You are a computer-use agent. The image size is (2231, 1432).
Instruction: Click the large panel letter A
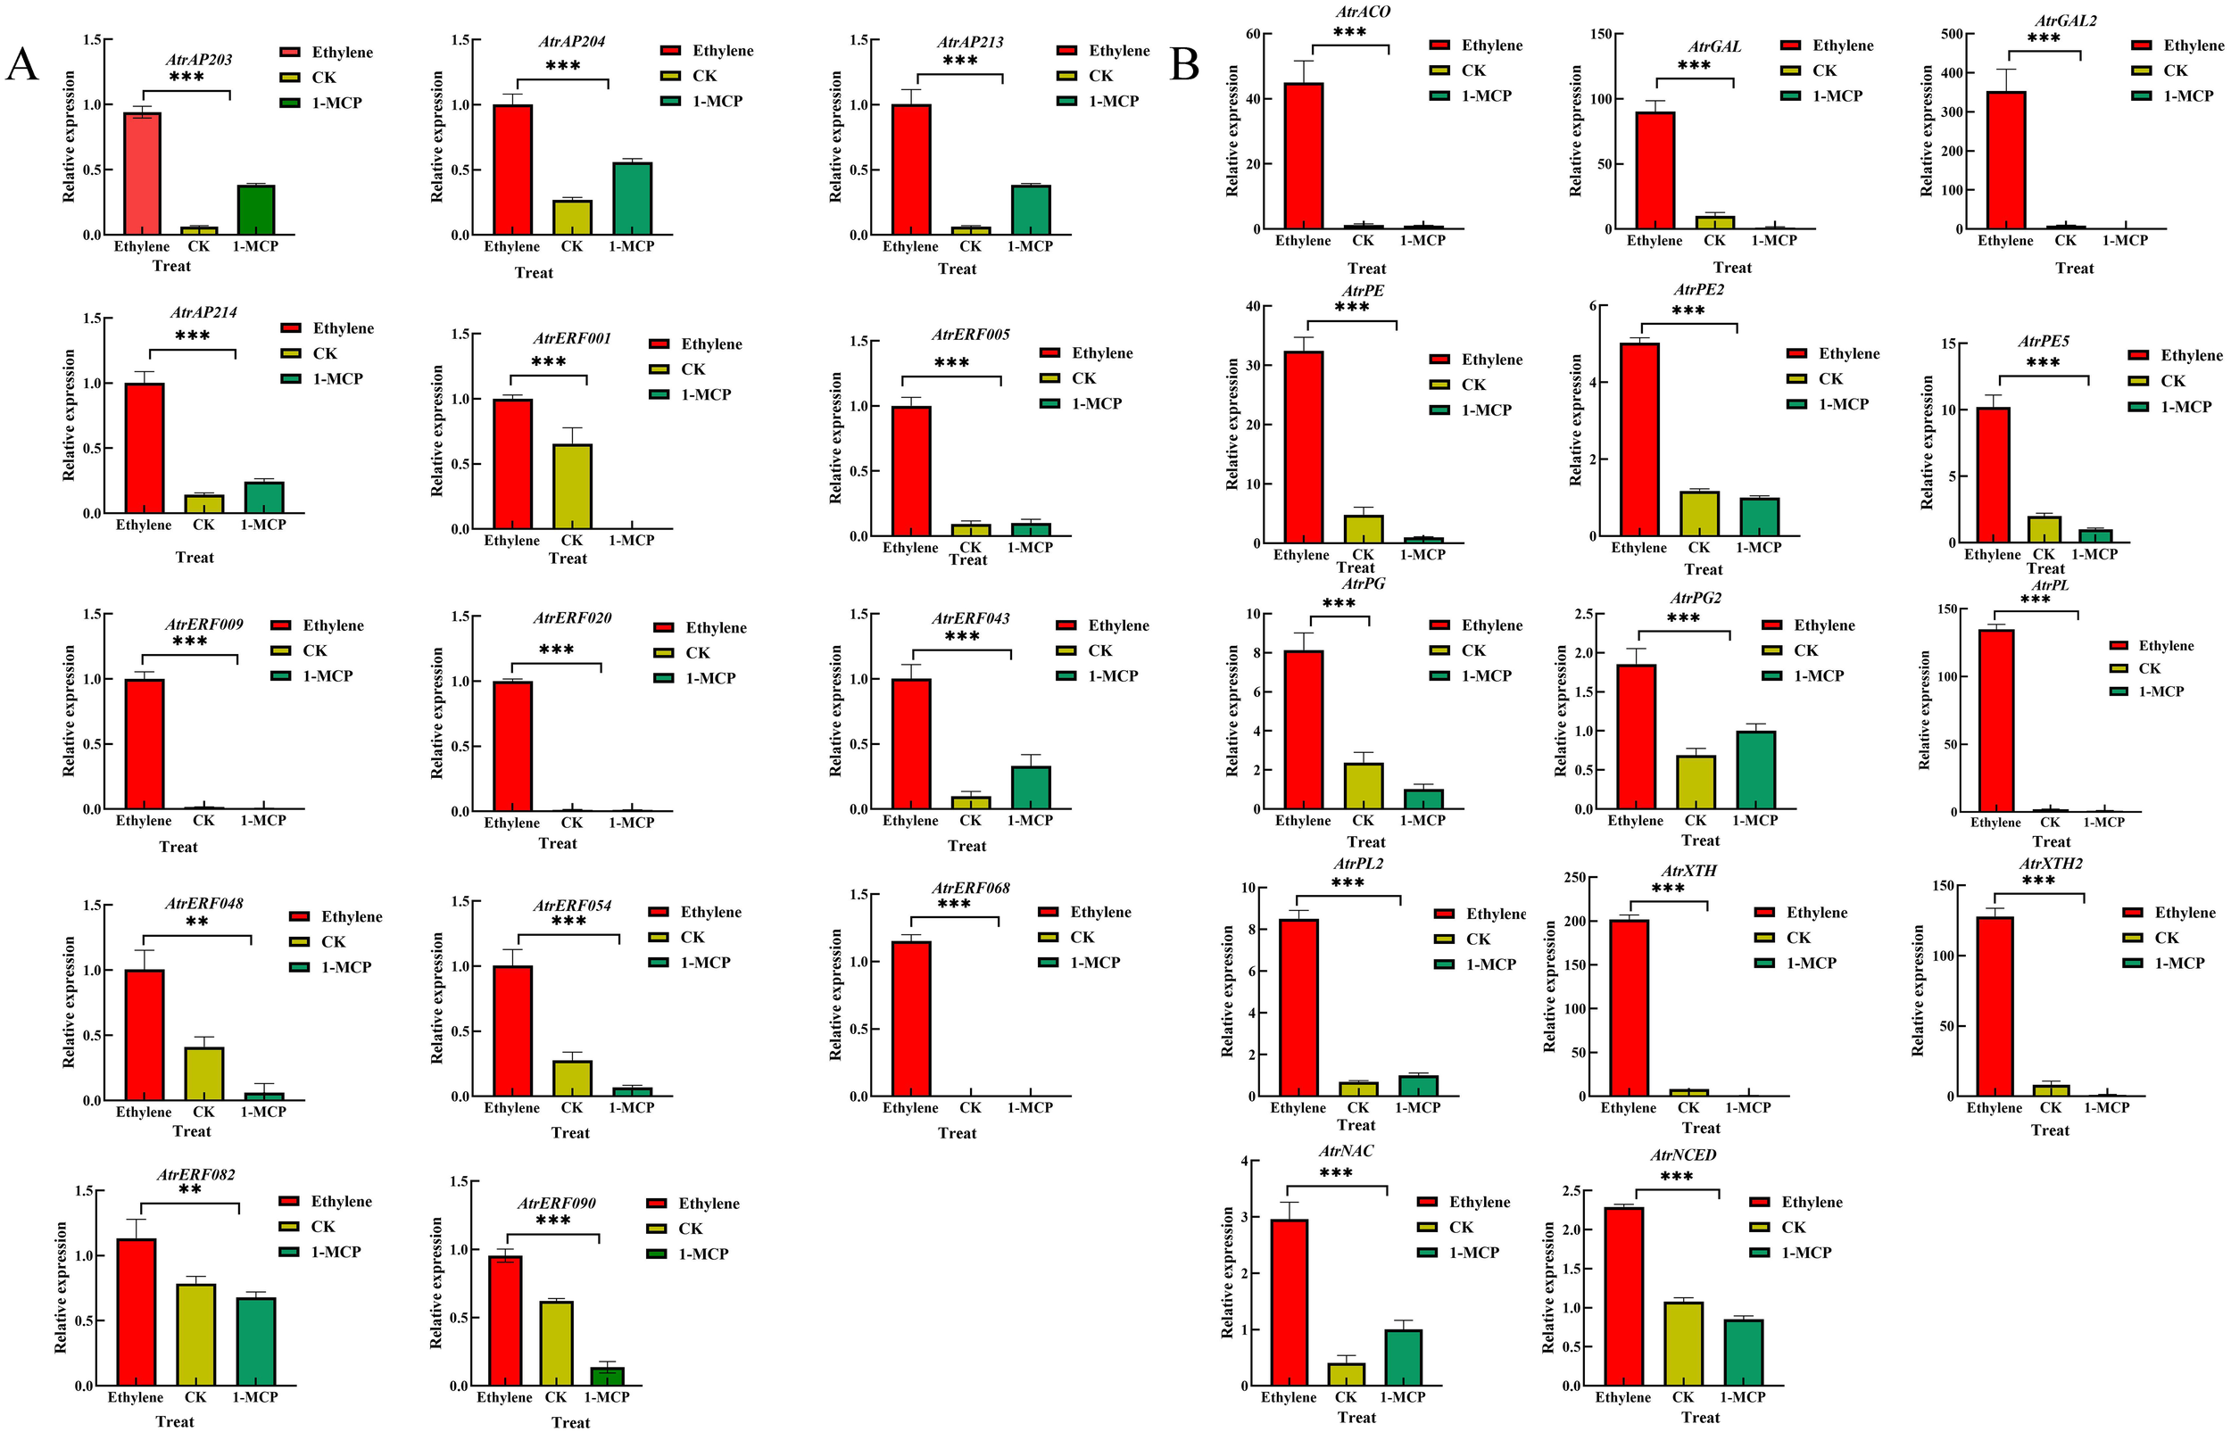21,65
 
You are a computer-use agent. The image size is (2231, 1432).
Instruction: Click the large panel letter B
1184,65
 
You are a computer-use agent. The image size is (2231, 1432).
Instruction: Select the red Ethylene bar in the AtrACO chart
1304,155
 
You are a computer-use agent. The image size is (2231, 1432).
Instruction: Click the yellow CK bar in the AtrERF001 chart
572,486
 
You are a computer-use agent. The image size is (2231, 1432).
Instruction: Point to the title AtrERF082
195,1174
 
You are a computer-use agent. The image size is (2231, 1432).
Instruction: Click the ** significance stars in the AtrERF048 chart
196,922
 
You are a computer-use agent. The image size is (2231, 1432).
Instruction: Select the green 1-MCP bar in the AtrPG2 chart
1754,770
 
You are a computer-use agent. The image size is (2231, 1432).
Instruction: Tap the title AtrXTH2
2051,864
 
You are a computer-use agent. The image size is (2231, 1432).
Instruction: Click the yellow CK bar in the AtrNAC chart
1346,1374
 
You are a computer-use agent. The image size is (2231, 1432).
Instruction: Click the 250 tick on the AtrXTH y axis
1575,877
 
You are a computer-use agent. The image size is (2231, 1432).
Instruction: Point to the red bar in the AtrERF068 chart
910,1019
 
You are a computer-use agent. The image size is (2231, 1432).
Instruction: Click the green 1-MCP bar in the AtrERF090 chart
606,1375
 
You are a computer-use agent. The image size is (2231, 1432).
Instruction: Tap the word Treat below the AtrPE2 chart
1703,569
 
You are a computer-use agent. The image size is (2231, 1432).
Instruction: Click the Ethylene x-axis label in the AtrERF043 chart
910,820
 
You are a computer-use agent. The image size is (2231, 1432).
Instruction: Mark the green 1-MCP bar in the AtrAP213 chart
1031,211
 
